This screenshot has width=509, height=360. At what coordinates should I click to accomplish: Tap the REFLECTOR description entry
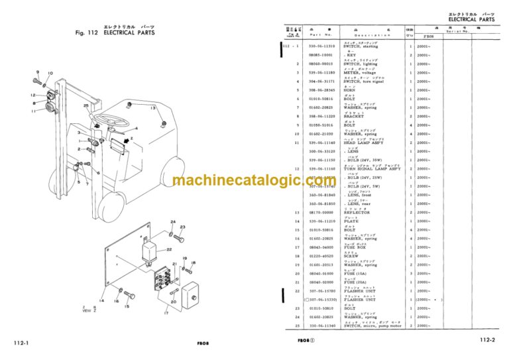359,212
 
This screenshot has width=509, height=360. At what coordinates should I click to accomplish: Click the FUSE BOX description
357,247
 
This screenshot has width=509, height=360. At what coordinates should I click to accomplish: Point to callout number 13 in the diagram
152,108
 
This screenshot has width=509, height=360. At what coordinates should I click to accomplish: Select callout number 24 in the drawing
172,221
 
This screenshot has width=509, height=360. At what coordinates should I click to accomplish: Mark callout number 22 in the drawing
169,249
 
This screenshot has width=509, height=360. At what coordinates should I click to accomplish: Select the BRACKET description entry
355,116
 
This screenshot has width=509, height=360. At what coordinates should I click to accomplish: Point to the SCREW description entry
351,256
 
